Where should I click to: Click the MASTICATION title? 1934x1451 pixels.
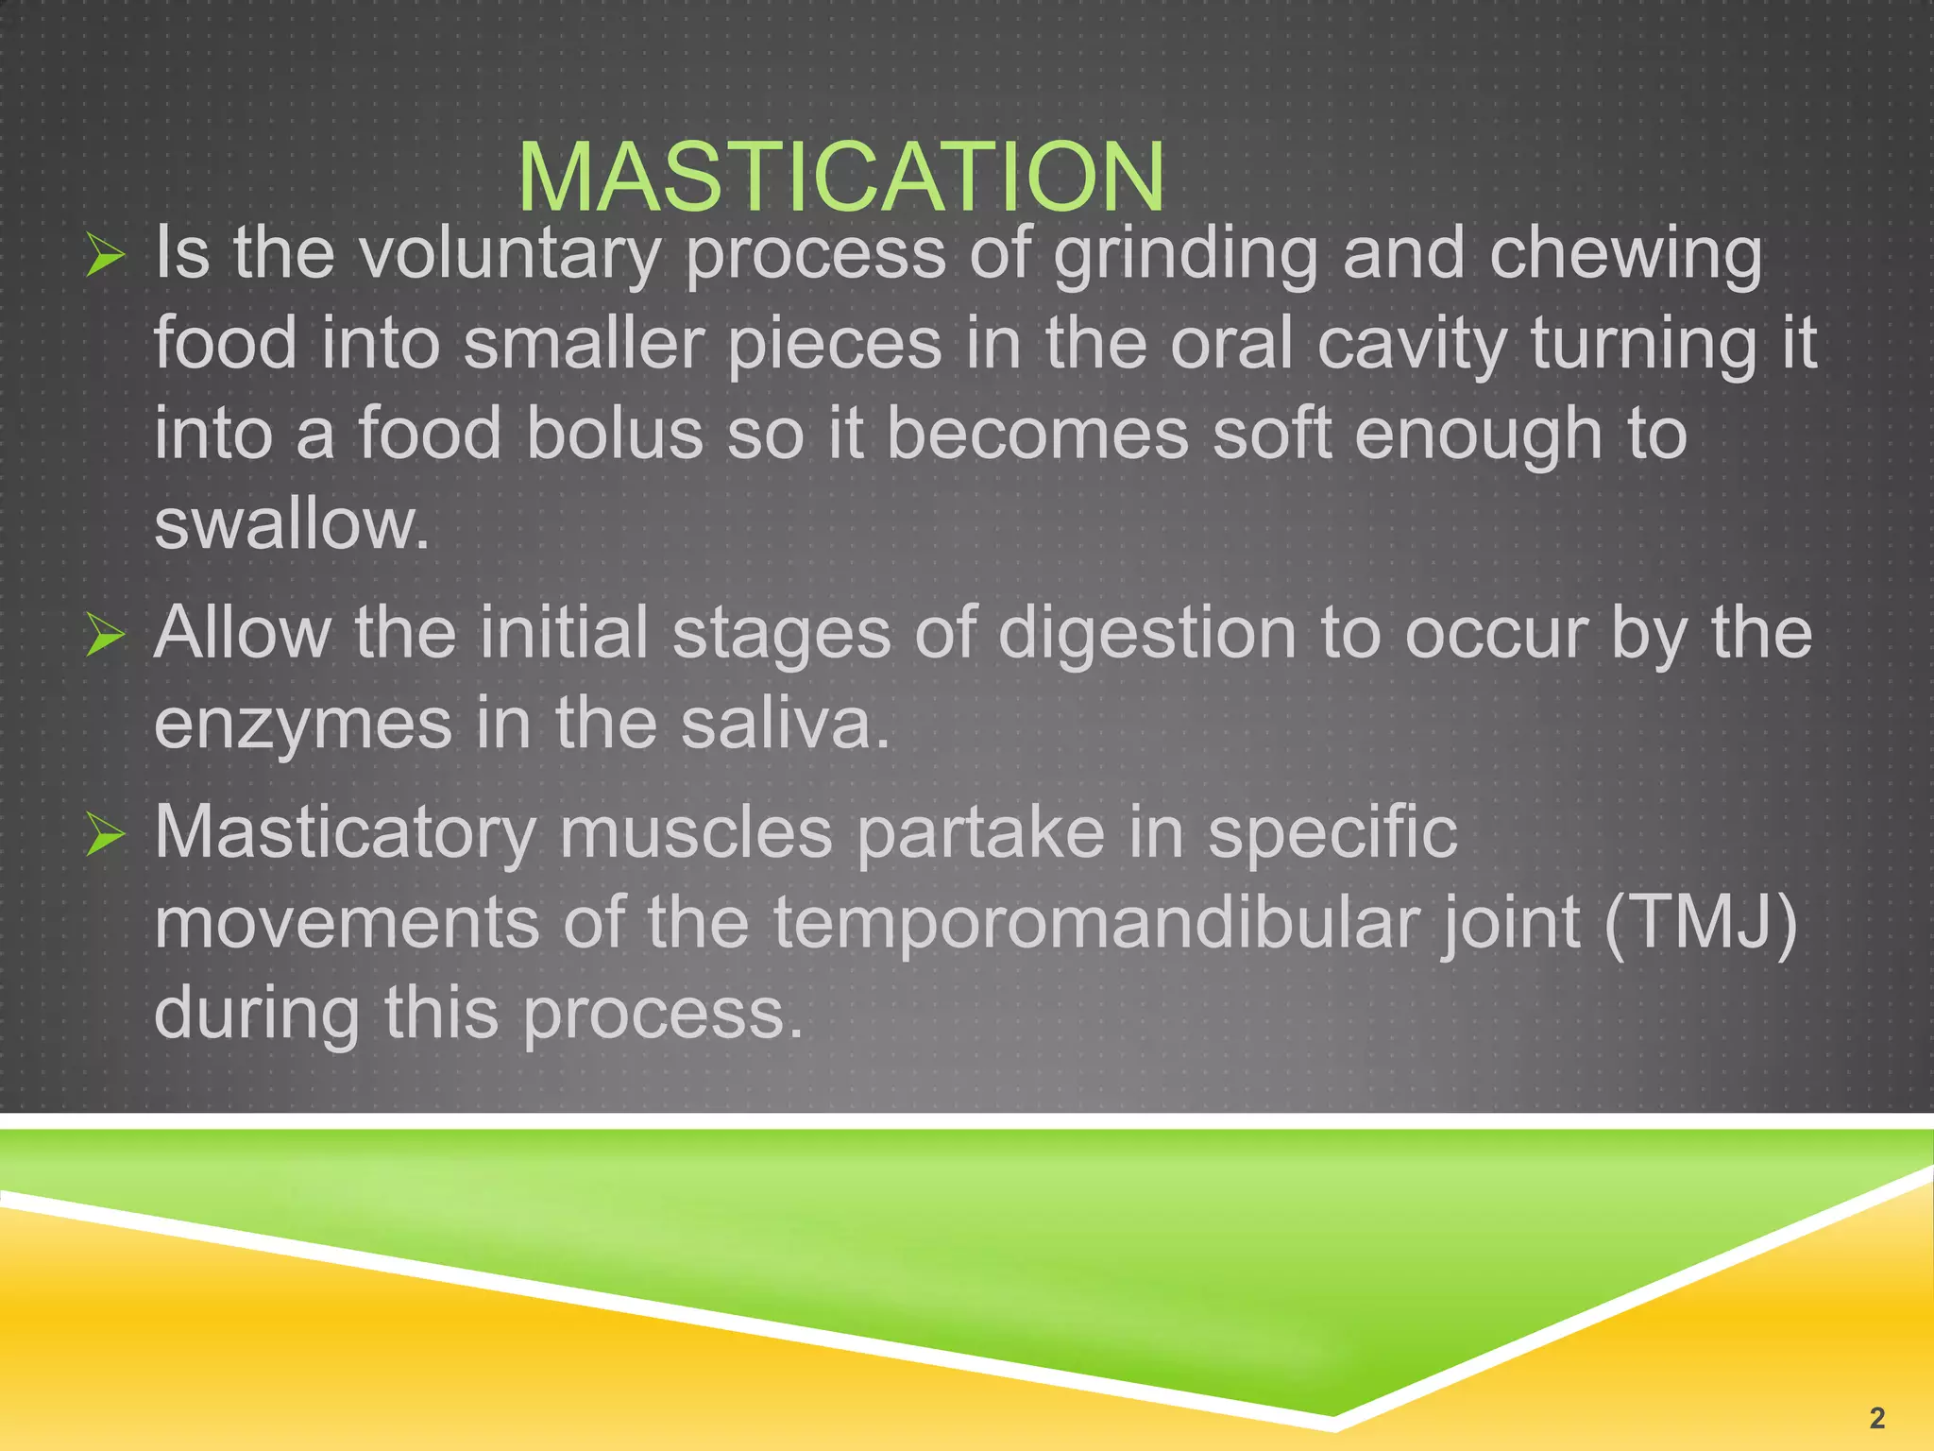[840, 177]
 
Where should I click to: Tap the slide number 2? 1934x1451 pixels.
[1876, 1417]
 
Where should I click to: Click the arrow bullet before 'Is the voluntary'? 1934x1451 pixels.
[105, 255]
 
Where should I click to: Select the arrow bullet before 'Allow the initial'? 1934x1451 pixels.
[105, 634]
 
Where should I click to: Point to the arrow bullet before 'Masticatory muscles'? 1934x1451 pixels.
[105, 834]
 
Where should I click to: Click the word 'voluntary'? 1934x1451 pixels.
[510, 255]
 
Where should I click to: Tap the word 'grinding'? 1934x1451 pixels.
[1185, 255]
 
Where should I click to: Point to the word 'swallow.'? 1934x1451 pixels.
[292, 524]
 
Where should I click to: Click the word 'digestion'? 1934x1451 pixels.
[1146, 634]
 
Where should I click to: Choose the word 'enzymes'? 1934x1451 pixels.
[303, 725]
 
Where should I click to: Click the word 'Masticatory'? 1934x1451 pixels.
[346, 834]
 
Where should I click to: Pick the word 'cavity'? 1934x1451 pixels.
[1412, 345]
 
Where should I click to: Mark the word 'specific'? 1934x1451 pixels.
[1332, 834]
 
